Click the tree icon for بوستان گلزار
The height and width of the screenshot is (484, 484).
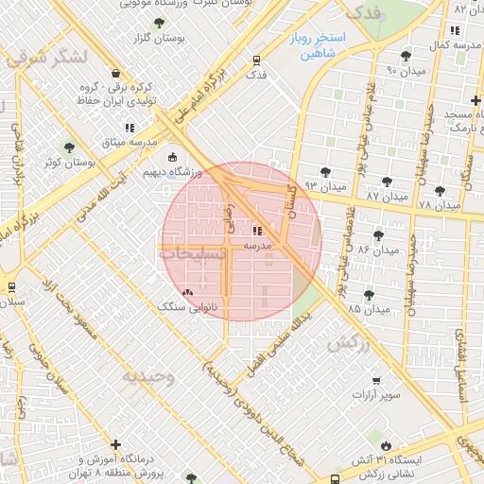pyautogui.click(x=158, y=23)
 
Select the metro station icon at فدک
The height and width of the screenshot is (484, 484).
pyautogui.click(x=256, y=60)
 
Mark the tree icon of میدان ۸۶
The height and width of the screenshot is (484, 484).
pyautogui.click(x=379, y=234)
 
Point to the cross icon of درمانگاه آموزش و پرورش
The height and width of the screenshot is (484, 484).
pyautogui.click(x=115, y=444)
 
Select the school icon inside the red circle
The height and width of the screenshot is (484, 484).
pyautogui.click(x=257, y=230)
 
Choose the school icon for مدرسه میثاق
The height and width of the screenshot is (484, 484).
pyautogui.click(x=130, y=128)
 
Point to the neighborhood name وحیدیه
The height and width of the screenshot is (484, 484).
pyautogui.click(x=147, y=376)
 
